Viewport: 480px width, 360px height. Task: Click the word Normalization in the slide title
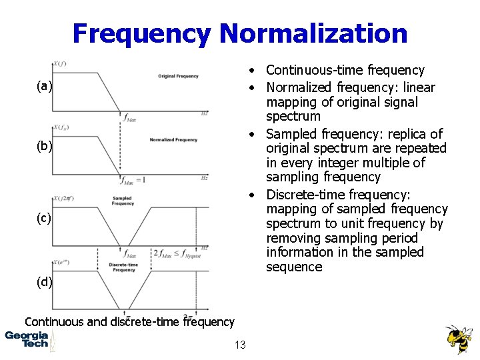[x=313, y=33]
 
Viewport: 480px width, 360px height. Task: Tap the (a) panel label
[x=45, y=86]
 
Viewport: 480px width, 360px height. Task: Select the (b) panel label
[x=45, y=146]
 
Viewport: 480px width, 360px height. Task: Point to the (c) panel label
[x=45, y=218]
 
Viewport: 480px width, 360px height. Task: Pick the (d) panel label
[x=45, y=281]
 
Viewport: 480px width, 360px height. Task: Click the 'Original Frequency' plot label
[x=178, y=76]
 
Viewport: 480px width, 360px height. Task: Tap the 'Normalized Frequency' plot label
[x=173, y=140]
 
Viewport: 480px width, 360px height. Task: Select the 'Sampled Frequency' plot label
[x=123, y=201]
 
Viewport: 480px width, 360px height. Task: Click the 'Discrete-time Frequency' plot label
[x=123, y=267]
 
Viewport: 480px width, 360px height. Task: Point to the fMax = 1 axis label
[x=133, y=180]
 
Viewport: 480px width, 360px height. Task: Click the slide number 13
[x=240, y=345]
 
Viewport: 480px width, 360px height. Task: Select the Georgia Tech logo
[x=27, y=339]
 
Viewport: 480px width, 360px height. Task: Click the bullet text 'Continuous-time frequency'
[x=345, y=70]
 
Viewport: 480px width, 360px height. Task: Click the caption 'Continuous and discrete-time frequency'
[x=129, y=321]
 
